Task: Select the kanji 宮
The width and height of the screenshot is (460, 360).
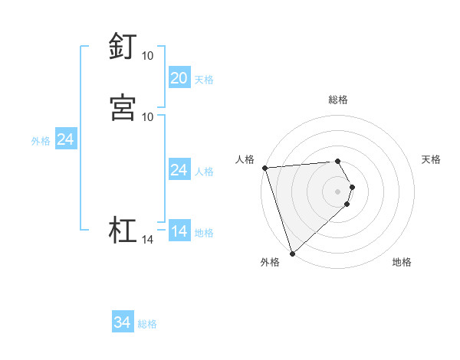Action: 123,106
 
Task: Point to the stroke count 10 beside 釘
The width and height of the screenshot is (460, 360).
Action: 147,56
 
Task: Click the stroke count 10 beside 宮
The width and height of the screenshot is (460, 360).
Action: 147,116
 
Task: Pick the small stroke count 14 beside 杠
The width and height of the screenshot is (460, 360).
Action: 147,241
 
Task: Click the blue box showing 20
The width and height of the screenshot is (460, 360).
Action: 179,78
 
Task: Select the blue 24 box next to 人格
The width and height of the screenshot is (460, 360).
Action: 179,170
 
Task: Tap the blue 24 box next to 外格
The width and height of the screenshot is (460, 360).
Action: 65,139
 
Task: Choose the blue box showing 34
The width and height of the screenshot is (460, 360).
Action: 122,322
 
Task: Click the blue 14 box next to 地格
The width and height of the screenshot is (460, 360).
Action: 179,231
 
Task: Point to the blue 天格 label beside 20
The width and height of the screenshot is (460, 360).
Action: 204,80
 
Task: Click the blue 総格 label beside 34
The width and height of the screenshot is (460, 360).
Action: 147,324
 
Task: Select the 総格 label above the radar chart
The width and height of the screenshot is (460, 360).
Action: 337,100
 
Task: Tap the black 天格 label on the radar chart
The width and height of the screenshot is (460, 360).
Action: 431,159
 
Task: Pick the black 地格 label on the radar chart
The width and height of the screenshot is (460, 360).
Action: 402,262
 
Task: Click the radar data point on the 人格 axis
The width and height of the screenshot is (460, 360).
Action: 264,168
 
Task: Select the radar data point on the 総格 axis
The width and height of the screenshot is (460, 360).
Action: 337,161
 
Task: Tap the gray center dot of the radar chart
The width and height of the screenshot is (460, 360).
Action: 337,191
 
